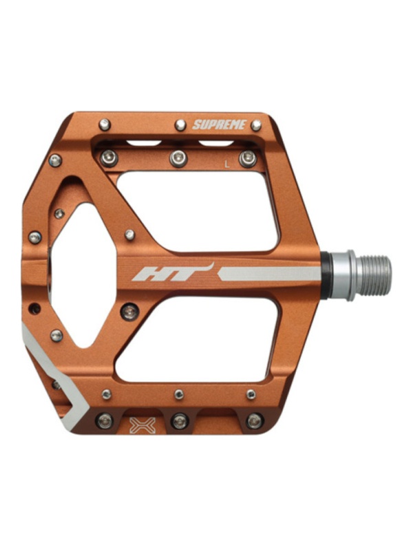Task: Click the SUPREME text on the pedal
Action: pyautogui.click(x=219, y=124)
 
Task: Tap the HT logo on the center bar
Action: pyautogui.click(x=173, y=272)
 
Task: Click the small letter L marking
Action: pyautogui.click(x=227, y=164)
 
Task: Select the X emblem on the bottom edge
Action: pyautogui.click(x=142, y=425)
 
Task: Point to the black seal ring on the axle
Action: pyautogui.click(x=326, y=275)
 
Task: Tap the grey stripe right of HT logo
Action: pyautogui.click(x=269, y=274)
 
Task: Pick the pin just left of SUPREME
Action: pyautogui.click(x=180, y=124)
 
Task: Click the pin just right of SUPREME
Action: pyautogui.click(x=256, y=124)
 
